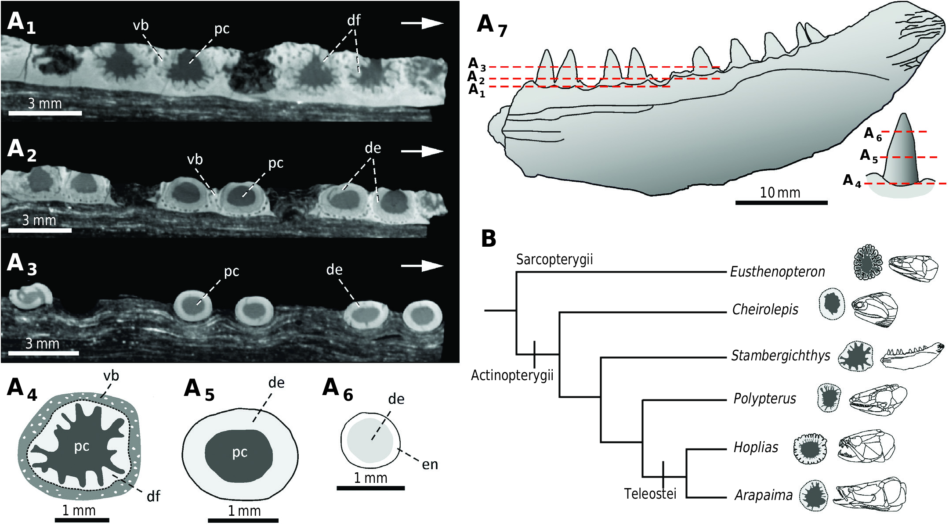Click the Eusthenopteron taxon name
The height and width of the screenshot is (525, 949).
(777, 272)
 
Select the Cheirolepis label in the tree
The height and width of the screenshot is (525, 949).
(765, 309)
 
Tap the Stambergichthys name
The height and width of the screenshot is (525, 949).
(780, 355)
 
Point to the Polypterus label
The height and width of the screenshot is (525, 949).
(764, 399)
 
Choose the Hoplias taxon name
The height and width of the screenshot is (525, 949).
(756, 447)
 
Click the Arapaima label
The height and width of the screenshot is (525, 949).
(764, 495)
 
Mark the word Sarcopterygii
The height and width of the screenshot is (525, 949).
(554, 259)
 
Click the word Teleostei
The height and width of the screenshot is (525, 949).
(650, 494)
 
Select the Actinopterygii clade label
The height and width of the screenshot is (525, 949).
(512, 375)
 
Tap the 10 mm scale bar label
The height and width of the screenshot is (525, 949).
(780, 192)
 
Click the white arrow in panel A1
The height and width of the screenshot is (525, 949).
(422, 23)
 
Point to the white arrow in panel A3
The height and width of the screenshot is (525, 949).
(422, 266)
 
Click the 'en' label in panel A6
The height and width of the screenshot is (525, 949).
(430, 464)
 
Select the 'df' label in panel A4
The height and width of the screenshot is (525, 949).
(153, 496)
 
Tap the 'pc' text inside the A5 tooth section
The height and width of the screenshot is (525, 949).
(240, 452)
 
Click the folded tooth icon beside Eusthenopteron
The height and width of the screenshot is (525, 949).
(868, 262)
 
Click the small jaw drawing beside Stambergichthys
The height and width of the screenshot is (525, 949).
(912, 356)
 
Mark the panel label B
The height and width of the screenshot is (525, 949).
(489, 238)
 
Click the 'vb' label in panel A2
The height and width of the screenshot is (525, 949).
(195, 159)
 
